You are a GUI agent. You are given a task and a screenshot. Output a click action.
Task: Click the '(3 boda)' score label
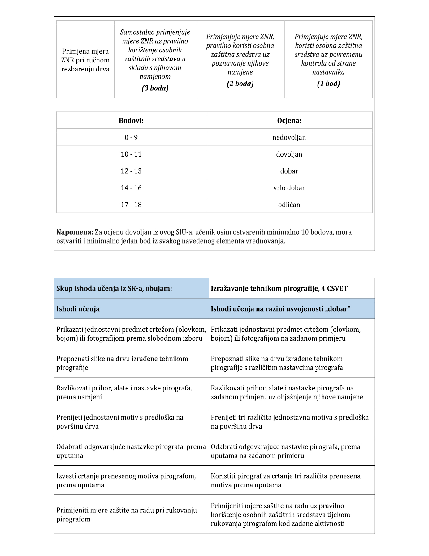155,88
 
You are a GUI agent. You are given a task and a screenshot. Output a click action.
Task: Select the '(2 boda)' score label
240,84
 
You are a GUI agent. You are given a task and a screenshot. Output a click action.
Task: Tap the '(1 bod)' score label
328,84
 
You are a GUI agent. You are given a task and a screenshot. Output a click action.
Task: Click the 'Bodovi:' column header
131,121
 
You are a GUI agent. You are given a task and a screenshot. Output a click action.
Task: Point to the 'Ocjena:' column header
289,121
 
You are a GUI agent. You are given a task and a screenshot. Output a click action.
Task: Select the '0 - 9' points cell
131,137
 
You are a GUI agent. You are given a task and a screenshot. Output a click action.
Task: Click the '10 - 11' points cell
131,154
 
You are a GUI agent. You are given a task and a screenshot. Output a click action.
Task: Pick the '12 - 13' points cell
131,171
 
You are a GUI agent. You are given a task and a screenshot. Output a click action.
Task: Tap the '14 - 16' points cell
131,188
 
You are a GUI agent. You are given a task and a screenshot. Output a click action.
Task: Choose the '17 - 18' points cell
131,205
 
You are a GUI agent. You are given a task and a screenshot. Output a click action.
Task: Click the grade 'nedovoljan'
289,137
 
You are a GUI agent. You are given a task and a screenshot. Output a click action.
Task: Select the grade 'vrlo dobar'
289,188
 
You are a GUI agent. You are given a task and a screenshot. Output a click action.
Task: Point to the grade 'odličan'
289,205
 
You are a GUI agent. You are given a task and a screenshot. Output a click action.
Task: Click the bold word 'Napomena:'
75,232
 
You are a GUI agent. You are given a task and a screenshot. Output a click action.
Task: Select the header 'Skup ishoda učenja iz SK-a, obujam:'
114,288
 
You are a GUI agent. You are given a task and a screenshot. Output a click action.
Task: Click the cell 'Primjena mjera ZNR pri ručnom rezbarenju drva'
85,60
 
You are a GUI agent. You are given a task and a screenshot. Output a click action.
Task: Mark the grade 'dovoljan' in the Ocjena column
289,154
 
